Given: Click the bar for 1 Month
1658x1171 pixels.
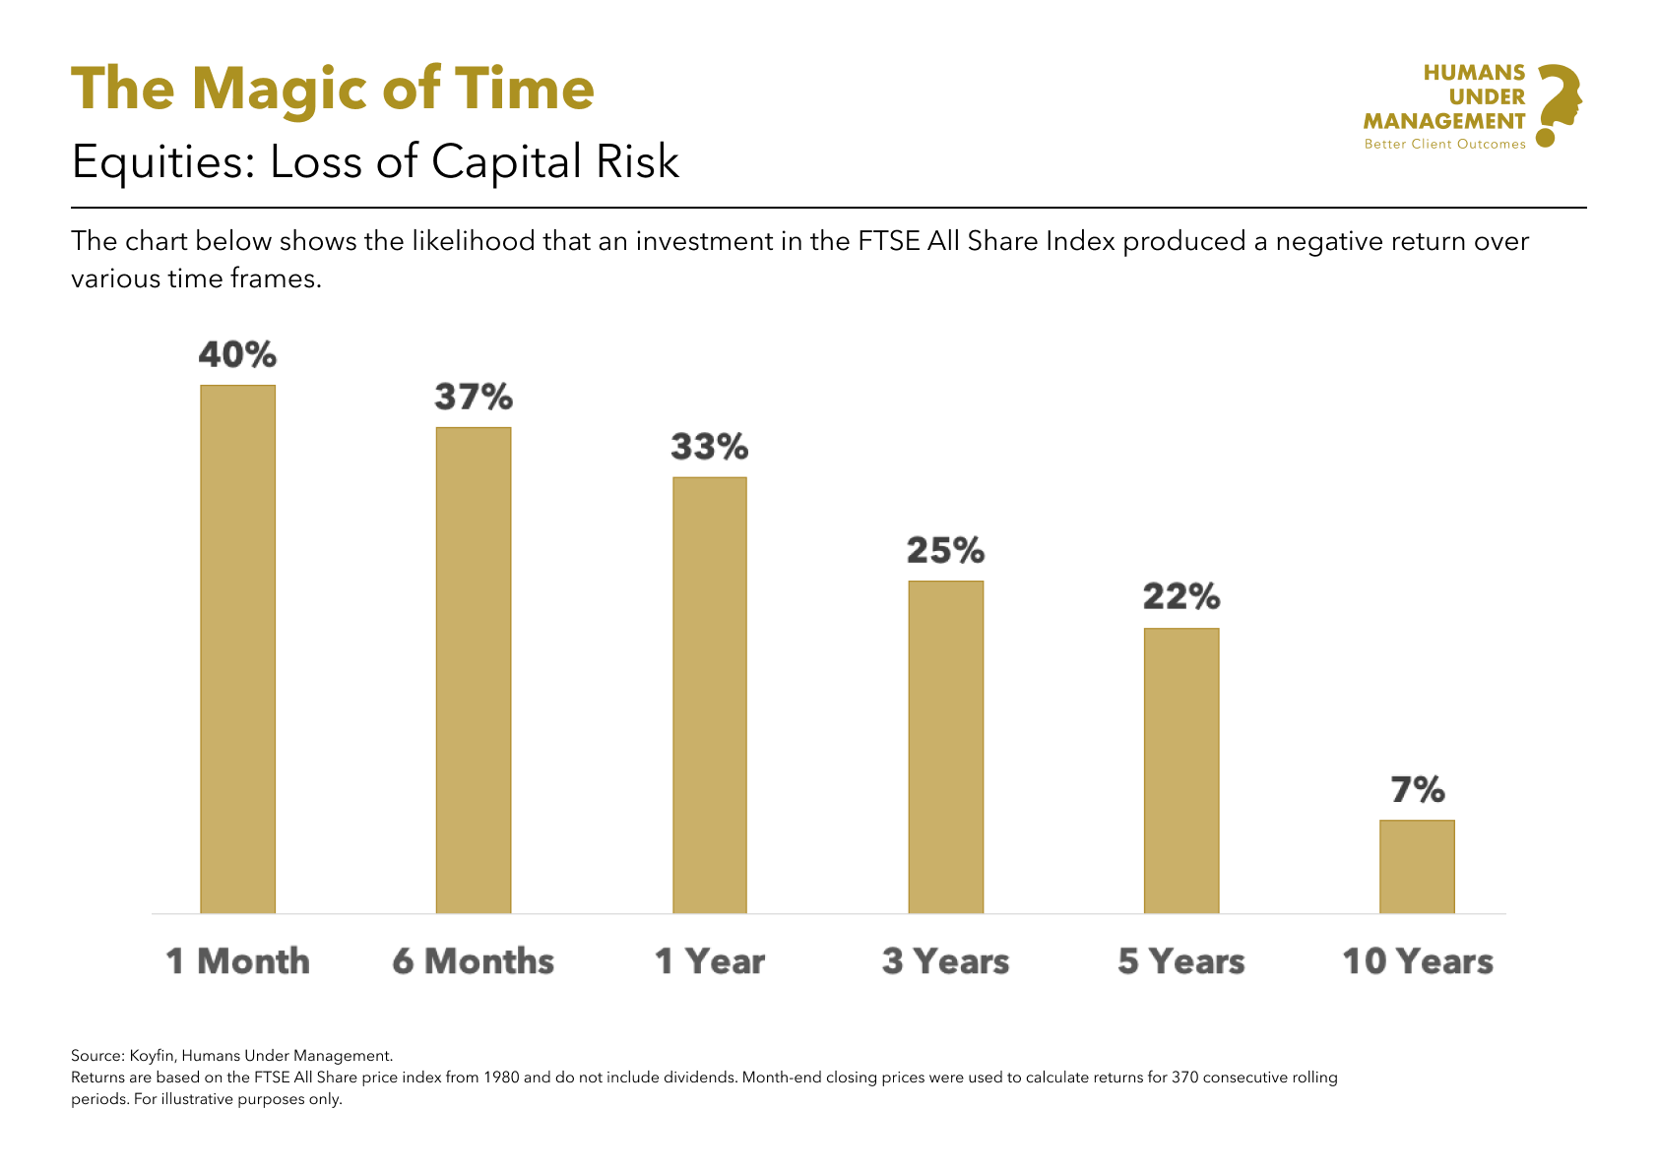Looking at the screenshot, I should [x=237, y=649].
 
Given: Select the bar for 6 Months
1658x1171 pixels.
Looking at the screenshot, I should [x=474, y=670].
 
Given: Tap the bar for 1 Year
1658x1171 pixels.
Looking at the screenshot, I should [x=710, y=695].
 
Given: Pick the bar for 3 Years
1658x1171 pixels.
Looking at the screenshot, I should [x=945, y=747].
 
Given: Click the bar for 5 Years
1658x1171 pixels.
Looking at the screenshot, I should [x=1181, y=770].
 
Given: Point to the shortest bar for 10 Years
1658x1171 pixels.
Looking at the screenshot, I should [x=1417, y=866].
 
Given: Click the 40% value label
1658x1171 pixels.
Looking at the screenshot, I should [x=237, y=354].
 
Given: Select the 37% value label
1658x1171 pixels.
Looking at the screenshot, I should [x=474, y=397].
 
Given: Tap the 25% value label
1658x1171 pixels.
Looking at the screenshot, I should [x=945, y=550].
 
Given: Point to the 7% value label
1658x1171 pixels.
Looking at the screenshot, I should [x=1418, y=789].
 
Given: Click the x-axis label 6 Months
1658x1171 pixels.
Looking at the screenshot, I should [x=474, y=961].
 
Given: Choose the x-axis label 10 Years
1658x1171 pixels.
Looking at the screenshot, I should [x=1418, y=961].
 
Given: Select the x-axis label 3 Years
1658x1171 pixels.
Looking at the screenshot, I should [x=945, y=961].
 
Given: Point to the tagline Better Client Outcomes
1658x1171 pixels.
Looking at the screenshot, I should [x=1444, y=145].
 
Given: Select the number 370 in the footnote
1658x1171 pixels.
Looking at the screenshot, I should [x=1185, y=1078].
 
